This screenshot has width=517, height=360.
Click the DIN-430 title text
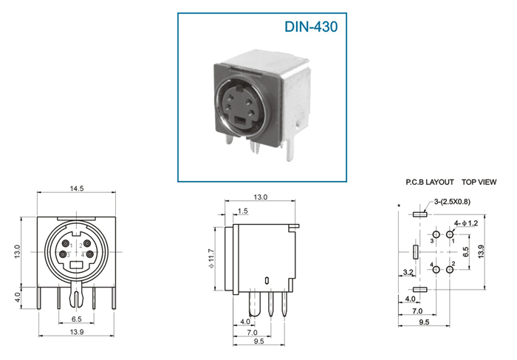point(311,27)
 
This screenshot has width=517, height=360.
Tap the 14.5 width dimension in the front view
point(77,189)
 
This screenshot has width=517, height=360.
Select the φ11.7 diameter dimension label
point(211,258)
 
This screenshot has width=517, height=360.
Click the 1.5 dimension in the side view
point(242,211)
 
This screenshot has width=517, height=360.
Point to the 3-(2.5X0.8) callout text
point(452,202)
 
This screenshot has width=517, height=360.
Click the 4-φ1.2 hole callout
point(466,223)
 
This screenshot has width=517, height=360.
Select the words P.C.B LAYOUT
point(430,182)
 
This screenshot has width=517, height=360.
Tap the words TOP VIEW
point(479,182)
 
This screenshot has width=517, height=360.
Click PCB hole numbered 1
point(450,234)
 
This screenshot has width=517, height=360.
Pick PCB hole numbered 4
point(436,270)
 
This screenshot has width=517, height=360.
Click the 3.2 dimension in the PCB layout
point(408,272)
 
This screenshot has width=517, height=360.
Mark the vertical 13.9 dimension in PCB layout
point(481,251)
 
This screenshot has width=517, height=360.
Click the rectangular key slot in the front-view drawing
point(77,265)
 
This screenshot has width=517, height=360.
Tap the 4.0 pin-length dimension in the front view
point(18,298)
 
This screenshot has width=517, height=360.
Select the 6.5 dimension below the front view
point(77,319)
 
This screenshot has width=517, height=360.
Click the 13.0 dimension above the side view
point(260,197)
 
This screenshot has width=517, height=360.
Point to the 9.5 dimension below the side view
point(258,341)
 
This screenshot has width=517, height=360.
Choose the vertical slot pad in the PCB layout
point(415,252)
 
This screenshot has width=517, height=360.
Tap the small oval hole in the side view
point(267,281)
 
